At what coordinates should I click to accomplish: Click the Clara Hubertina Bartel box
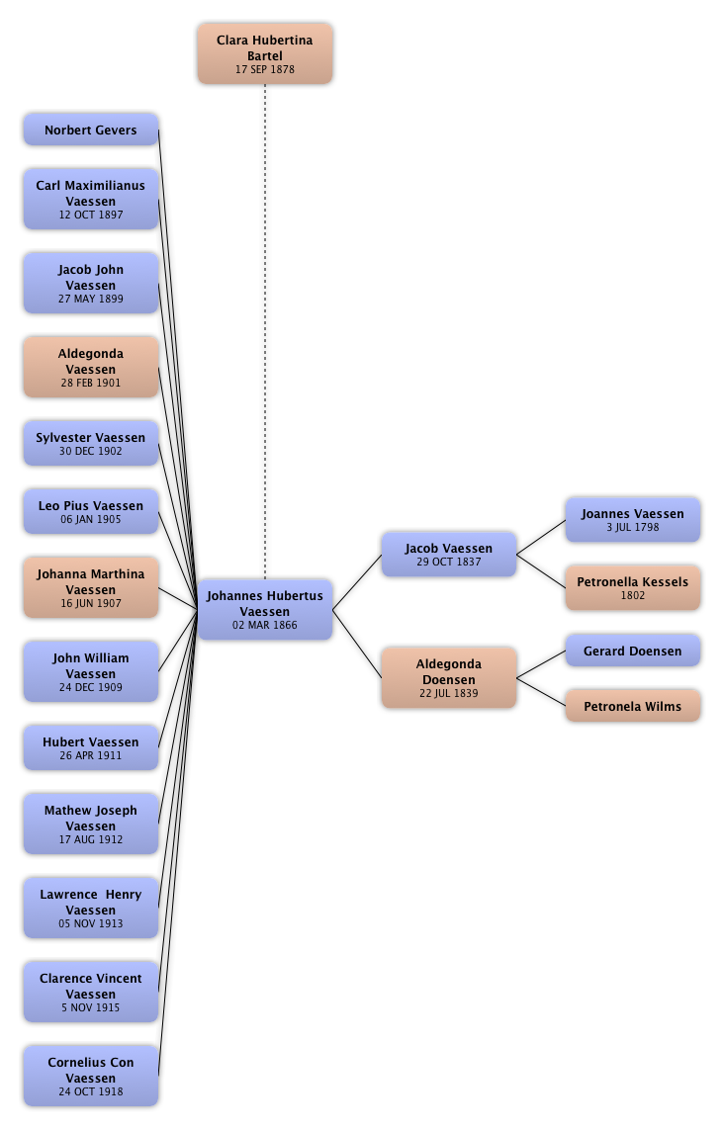click(264, 54)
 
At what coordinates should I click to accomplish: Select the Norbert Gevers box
click(90, 130)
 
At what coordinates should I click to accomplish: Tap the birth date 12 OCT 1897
click(91, 216)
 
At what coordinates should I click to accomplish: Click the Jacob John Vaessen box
click(90, 284)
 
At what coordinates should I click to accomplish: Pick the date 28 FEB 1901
click(91, 384)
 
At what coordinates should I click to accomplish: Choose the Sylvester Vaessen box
click(90, 444)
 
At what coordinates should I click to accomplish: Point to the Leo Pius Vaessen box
click(90, 512)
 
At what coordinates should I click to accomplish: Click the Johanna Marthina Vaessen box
click(90, 588)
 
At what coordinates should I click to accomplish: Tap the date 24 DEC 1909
click(91, 688)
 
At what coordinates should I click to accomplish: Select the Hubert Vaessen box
click(90, 748)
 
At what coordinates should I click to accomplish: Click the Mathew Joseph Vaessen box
click(90, 825)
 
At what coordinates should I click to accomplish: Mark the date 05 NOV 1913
click(91, 924)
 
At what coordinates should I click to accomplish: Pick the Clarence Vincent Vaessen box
click(90, 993)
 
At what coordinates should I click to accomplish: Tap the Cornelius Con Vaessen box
click(90, 1077)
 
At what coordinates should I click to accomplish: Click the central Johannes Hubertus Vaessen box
click(265, 610)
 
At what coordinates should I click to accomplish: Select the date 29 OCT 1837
click(448, 563)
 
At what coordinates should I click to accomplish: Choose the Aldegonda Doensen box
click(448, 679)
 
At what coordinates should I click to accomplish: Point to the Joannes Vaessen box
click(632, 520)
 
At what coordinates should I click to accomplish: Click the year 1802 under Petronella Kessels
click(632, 596)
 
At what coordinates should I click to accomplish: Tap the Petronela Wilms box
click(632, 707)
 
